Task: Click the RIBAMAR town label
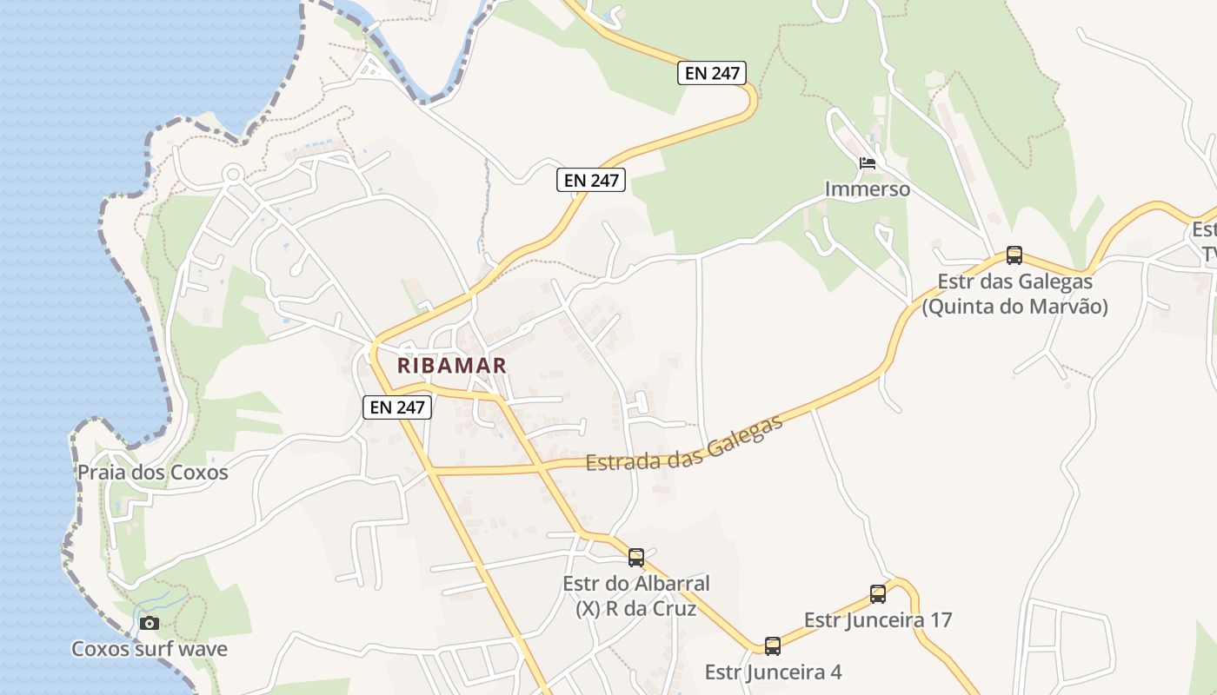(451, 366)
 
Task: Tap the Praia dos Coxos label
(152, 473)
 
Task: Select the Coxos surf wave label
(150, 649)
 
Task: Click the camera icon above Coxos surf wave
(150, 623)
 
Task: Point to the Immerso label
(867, 189)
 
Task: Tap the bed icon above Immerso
(867, 163)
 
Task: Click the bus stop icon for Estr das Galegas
(1014, 255)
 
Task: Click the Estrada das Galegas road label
(685, 444)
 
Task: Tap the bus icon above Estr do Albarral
(636, 557)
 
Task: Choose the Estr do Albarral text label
(636, 584)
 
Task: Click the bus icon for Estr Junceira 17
(878, 594)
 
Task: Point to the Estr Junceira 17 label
(878, 620)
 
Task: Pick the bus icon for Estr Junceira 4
(772, 645)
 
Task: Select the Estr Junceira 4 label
(772, 672)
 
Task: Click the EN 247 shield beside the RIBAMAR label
(397, 407)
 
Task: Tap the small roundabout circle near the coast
(232, 174)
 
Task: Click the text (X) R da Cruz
(636, 609)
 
